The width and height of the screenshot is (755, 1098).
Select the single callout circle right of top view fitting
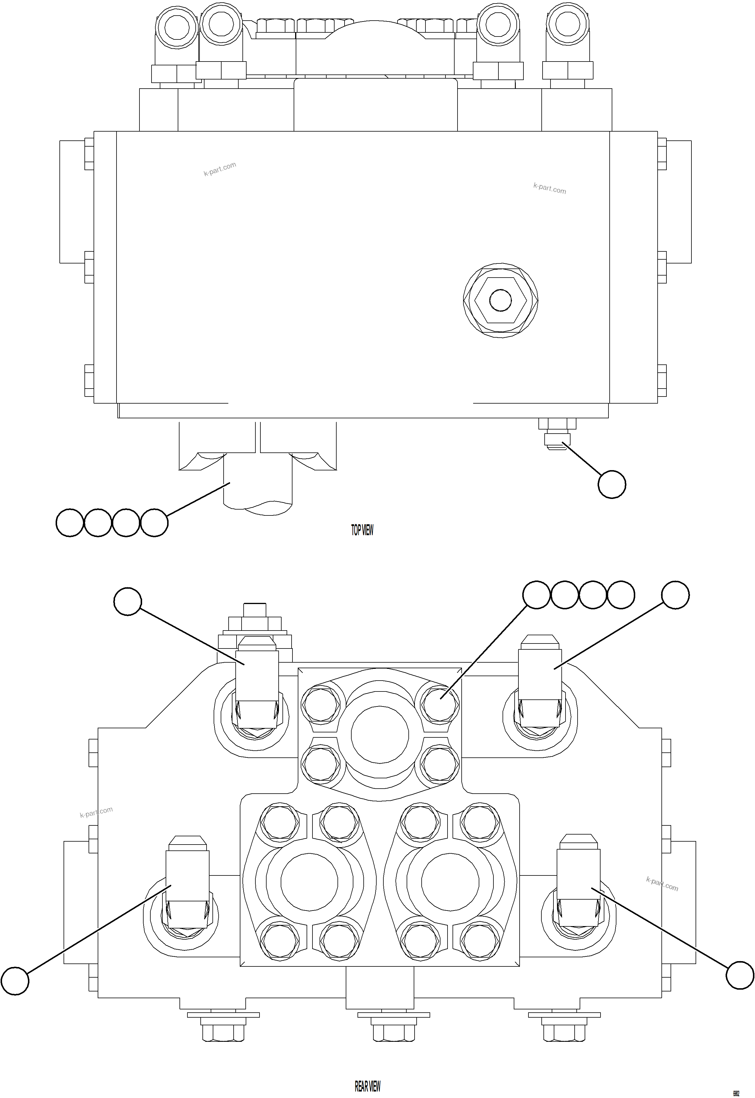[x=612, y=484]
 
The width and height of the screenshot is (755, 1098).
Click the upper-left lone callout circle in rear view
[x=128, y=601]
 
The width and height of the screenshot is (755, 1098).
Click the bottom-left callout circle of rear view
[x=15, y=981]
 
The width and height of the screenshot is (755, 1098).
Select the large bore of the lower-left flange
[x=309, y=882]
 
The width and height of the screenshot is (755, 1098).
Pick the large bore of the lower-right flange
[x=450, y=882]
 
